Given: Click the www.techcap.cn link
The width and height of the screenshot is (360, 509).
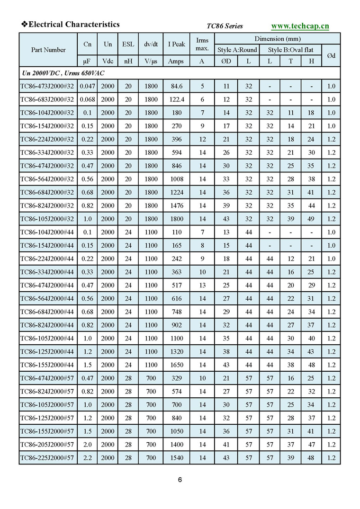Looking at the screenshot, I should [x=300, y=26].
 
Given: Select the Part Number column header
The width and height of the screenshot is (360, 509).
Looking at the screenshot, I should [x=48, y=50].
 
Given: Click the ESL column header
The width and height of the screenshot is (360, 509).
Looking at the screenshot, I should [x=128, y=44].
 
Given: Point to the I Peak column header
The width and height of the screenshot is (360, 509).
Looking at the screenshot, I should [x=176, y=44].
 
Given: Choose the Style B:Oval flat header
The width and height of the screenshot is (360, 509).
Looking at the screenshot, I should [x=290, y=50].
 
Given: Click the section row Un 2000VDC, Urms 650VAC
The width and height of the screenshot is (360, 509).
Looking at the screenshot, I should [x=63, y=73].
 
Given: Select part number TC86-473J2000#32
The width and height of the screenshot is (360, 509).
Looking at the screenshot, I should [x=47, y=86].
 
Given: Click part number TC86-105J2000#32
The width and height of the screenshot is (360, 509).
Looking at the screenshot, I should [x=47, y=219].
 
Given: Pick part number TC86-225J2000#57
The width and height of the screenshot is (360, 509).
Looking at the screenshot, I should [x=47, y=457].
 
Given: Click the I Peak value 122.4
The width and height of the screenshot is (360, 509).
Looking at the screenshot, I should [x=176, y=99].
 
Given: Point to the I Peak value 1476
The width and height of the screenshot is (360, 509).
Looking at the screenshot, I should [x=176, y=205].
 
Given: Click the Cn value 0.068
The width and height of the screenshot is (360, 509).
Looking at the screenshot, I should [x=87, y=99].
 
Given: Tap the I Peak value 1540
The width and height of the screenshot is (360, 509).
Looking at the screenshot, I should [x=176, y=457].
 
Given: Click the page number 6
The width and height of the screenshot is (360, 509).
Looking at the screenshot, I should [x=180, y=480].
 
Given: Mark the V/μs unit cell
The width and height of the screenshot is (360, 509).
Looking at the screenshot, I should [x=151, y=61].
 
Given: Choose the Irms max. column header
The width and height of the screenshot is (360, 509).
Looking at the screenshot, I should [x=202, y=44].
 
